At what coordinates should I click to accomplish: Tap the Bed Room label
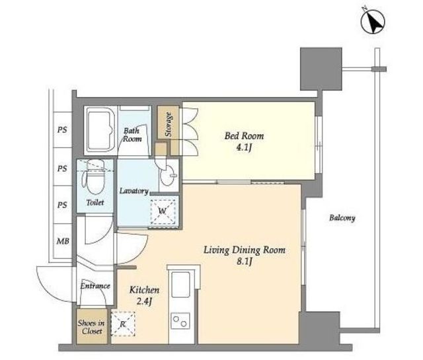pos(244,136)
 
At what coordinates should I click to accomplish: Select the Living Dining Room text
pos(245,250)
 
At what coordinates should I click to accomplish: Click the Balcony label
pos(342,218)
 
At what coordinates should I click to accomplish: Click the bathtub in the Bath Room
pos(100,130)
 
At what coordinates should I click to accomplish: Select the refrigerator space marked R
pos(123,324)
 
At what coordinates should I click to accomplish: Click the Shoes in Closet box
pos(92,326)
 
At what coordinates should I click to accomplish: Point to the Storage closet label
pos(169,124)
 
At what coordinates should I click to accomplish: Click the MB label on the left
pos(63,241)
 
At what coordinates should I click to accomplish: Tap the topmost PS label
pos(62,130)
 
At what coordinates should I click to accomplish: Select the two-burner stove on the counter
pos(181,320)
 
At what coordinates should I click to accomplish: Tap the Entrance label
pos(95,286)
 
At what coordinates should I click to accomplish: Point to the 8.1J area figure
pos(245,262)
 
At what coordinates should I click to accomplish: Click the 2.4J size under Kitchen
pos(144,301)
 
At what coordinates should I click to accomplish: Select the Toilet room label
pos(95,202)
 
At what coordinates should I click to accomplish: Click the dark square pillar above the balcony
pos(321,69)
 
